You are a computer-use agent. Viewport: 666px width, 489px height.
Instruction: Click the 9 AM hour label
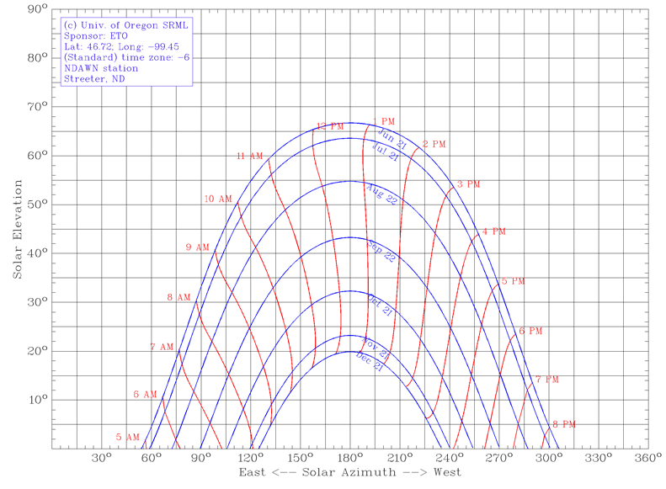197,247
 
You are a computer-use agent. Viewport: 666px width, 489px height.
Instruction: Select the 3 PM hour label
468,184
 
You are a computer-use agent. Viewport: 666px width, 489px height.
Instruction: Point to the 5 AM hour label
128,437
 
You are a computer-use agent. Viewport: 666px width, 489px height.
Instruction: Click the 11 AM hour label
250,157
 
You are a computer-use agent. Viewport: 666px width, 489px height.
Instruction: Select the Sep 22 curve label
381,251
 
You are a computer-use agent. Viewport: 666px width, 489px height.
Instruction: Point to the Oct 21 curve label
380,304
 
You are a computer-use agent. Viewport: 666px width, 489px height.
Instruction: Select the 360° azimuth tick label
647,459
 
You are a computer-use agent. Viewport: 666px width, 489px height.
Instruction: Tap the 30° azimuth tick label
101,459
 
